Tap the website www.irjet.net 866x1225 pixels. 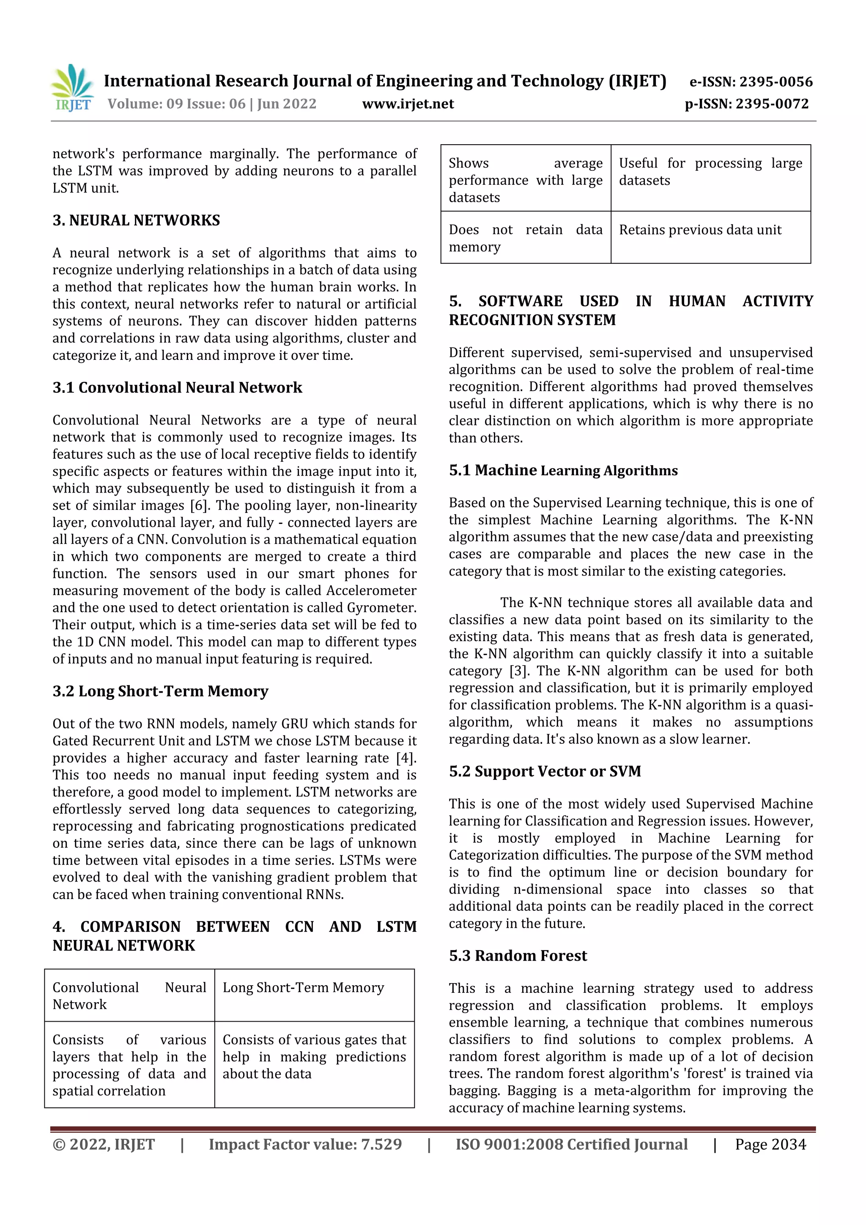pyautogui.click(x=408, y=104)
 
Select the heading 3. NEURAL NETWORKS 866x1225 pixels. pyautogui.click(x=136, y=220)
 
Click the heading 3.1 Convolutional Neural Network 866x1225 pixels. pyautogui.click(x=177, y=387)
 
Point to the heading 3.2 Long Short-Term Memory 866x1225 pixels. pyautogui.click(x=160, y=691)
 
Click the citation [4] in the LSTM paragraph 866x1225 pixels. pyautogui.click(x=406, y=758)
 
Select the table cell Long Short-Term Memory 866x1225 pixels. pyautogui.click(x=303, y=988)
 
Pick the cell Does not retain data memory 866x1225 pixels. pyautogui.click(x=525, y=238)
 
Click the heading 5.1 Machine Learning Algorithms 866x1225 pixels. pyautogui.click(x=563, y=470)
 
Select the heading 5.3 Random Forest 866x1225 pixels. pyautogui.click(x=518, y=956)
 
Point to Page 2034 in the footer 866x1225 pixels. pyautogui.click(x=770, y=1144)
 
